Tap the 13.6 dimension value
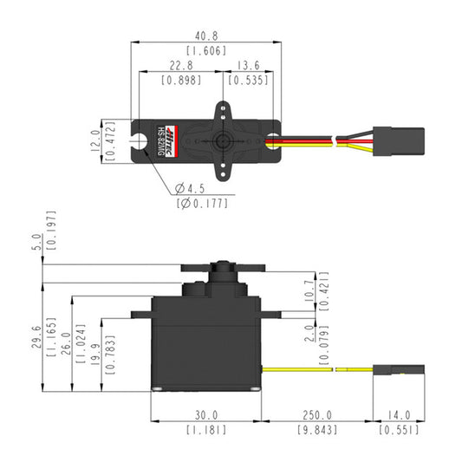point(248,66)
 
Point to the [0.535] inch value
point(248,81)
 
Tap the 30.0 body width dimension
point(205,415)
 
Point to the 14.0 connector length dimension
point(397,415)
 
